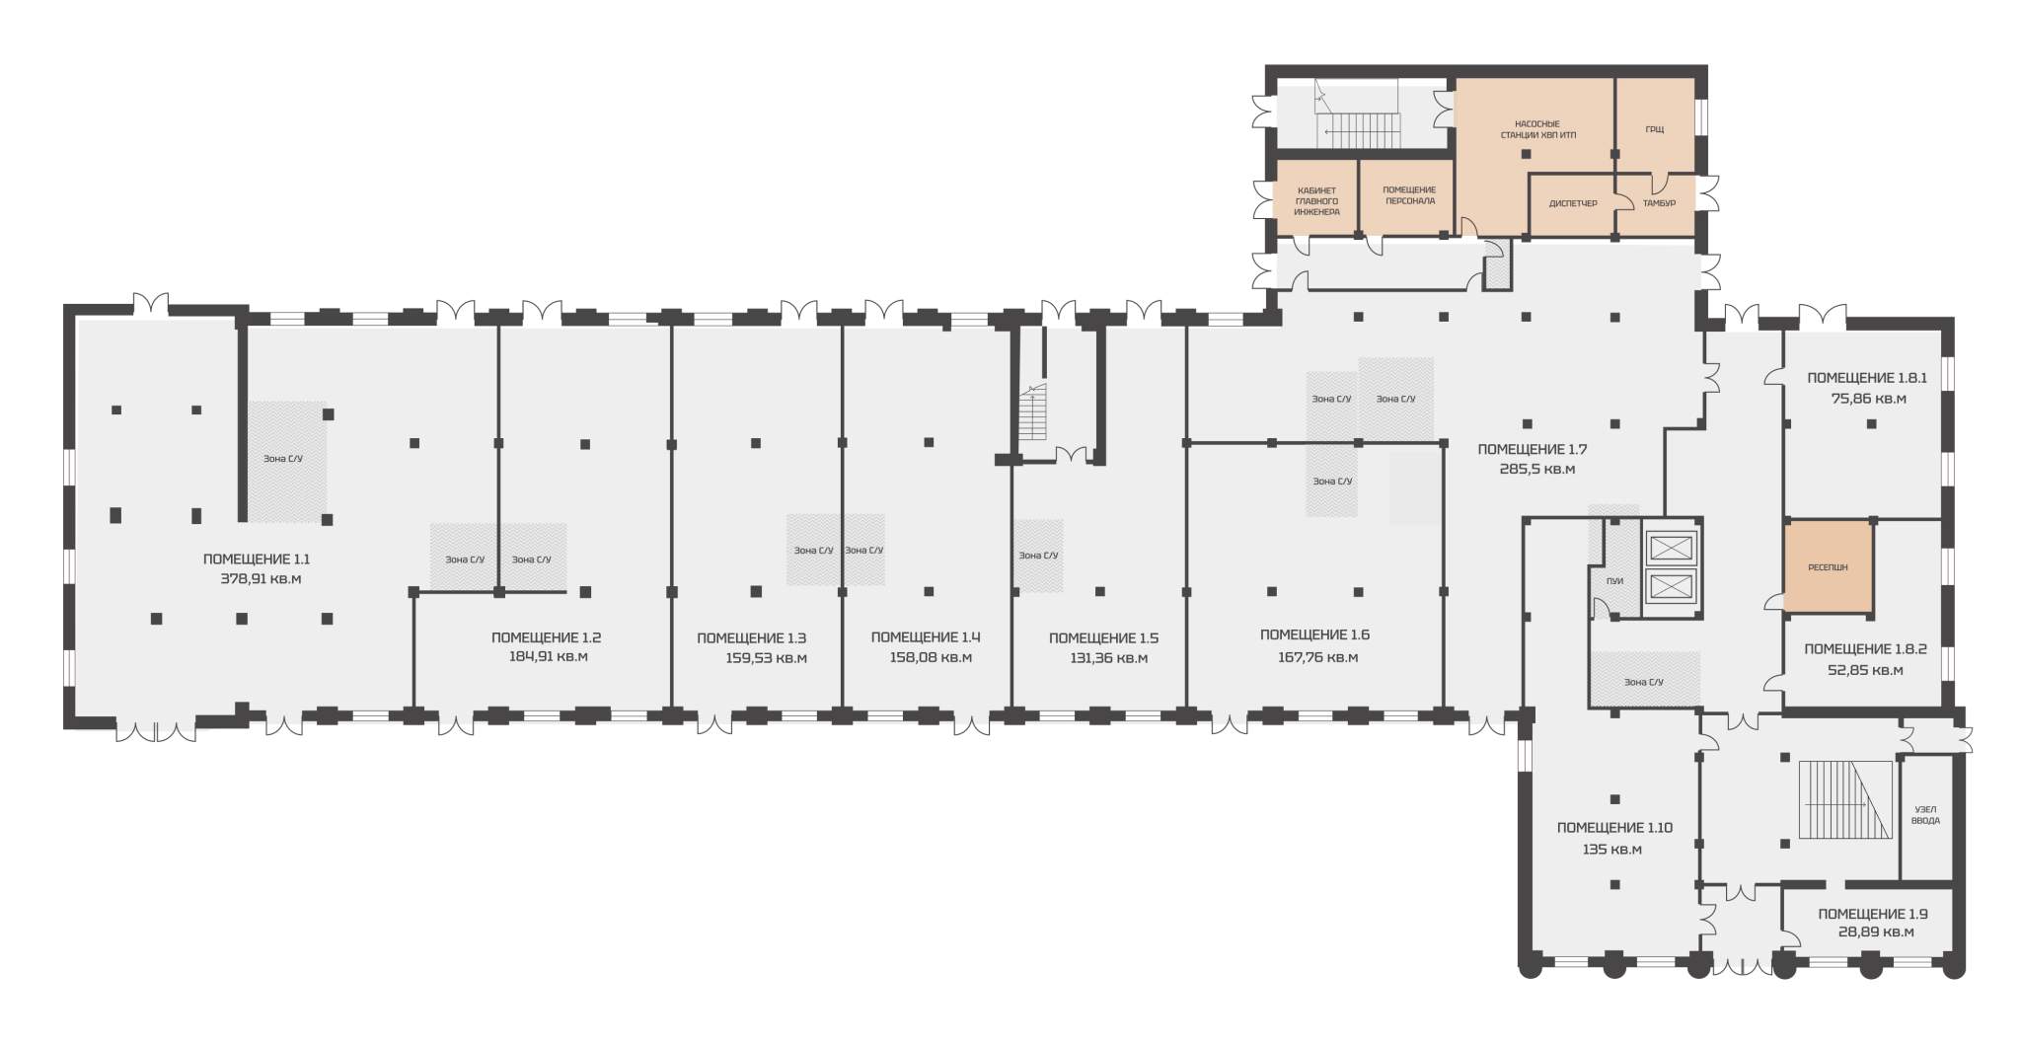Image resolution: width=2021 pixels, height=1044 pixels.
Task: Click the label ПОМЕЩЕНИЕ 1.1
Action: point(257,559)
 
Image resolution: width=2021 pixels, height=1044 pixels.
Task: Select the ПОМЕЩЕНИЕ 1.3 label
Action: point(751,638)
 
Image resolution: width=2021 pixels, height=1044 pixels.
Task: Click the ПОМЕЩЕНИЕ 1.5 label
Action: point(1103,638)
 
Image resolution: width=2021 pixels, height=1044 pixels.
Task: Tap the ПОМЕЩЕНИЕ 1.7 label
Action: point(1532,450)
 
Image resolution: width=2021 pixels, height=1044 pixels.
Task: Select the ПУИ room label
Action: point(1614,581)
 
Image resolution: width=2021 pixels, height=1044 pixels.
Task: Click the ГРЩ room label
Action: point(1655,129)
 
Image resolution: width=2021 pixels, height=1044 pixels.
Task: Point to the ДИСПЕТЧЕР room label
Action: point(1573,203)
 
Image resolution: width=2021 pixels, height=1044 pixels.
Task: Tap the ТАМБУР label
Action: point(1659,203)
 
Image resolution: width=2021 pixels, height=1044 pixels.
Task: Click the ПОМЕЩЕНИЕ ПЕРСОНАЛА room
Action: point(1407,196)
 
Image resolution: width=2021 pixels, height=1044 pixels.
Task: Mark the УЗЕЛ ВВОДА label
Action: point(1925,815)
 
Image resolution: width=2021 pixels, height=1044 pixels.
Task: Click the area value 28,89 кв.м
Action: point(1876,932)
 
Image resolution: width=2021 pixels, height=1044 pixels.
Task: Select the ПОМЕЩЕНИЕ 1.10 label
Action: point(1614,828)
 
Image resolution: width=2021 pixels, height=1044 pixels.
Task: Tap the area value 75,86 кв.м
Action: point(1868,400)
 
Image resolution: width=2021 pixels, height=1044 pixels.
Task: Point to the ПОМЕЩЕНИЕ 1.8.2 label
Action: point(1865,649)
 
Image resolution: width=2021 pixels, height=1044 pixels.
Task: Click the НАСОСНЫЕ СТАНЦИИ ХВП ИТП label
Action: point(1537,129)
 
